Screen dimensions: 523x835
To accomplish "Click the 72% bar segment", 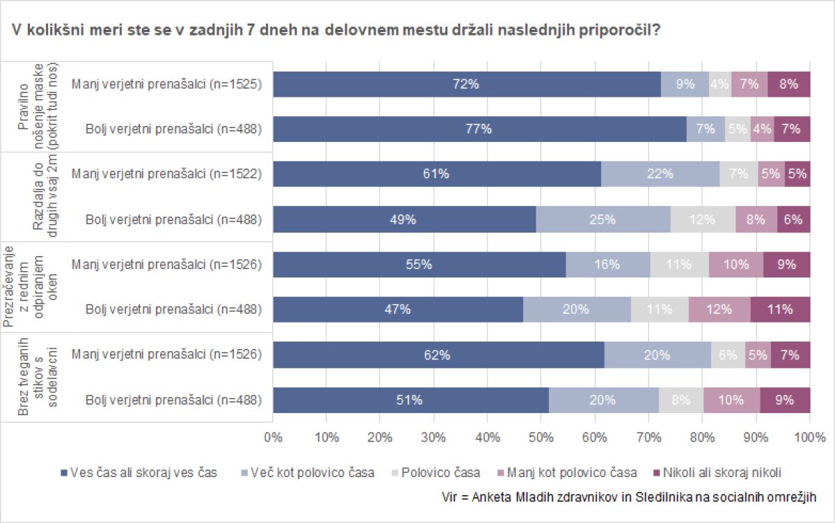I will (466, 84).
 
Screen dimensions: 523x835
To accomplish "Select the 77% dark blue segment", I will (479, 129).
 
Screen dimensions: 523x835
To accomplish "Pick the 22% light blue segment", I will (660, 174).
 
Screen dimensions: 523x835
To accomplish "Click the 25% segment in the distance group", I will (603, 219).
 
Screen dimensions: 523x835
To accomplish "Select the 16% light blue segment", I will (608, 264).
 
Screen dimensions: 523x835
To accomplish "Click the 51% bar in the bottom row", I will (411, 399).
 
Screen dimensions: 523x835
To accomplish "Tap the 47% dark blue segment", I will (398, 309).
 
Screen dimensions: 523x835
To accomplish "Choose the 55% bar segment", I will (420, 264).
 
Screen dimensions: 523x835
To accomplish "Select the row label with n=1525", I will (166, 84).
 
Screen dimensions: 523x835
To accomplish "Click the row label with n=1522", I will (166, 174).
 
